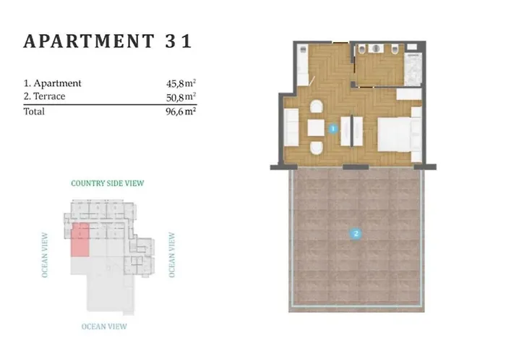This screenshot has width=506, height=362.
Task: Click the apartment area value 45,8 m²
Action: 181,83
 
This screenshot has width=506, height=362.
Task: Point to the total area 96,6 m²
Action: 181,111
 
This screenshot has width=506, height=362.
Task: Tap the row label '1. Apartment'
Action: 52,83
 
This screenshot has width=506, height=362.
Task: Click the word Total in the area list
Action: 34,111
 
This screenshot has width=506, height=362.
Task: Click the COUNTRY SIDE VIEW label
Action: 107,184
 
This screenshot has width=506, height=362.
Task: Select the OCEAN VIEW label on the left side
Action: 45,255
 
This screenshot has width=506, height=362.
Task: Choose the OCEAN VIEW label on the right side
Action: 171,255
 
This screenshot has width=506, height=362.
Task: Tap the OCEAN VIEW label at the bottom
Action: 104,327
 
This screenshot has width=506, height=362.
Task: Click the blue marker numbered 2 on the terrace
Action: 355,233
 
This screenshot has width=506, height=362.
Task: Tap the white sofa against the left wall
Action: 291,129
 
